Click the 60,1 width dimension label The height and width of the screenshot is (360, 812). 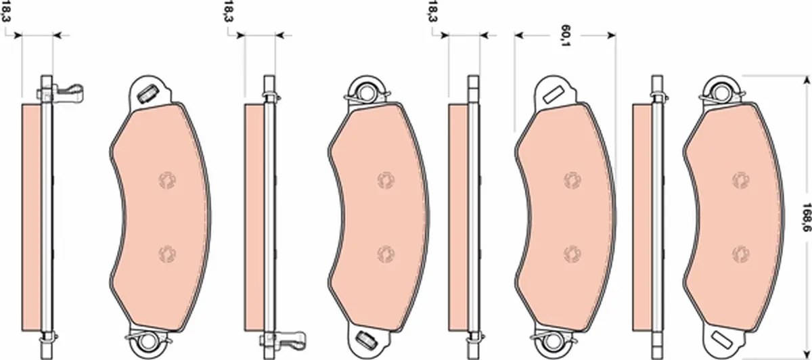[x=564, y=36]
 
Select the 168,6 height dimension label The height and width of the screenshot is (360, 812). [x=805, y=217]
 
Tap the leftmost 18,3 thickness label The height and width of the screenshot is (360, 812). [x=6, y=12]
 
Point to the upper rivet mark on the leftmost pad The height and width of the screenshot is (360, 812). [x=167, y=180]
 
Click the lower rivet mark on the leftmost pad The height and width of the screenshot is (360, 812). [x=167, y=254]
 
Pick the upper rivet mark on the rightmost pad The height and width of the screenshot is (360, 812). [x=741, y=180]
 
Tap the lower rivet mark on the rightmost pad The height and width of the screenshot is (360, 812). [x=741, y=254]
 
